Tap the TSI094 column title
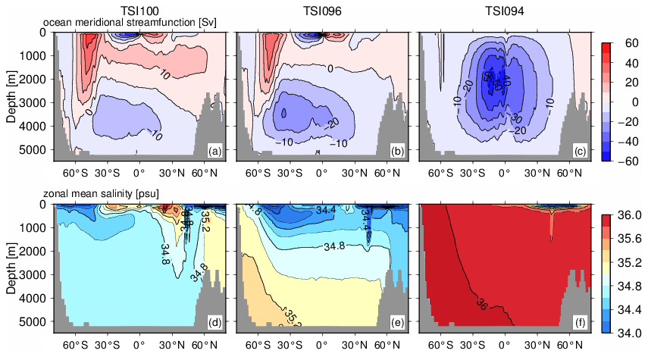pos(503,11)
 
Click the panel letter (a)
pos(215,152)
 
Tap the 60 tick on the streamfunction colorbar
pos(631,43)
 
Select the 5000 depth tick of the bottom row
pos(36,321)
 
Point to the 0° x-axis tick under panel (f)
pos(503,343)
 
